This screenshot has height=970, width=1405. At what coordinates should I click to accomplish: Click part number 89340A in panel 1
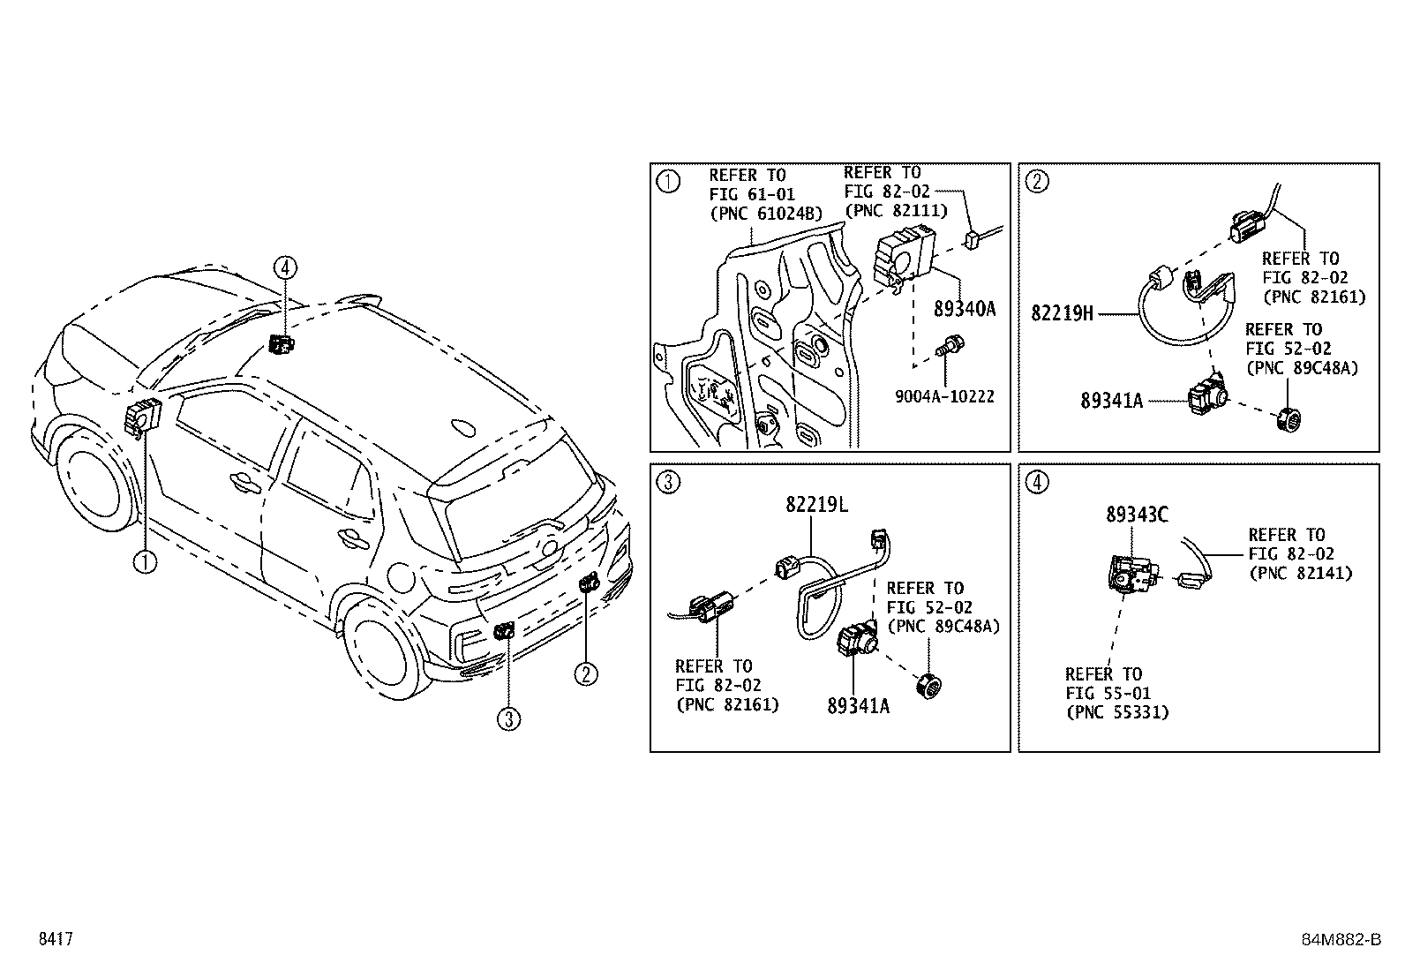[964, 309]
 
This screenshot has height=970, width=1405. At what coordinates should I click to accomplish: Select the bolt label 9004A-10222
[943, 397]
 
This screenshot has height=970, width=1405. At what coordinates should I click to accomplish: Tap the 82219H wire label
[1062, 312]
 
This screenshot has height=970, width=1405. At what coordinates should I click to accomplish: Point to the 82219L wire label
[816, 505]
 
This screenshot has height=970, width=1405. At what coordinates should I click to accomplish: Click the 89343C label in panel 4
[1137, 515]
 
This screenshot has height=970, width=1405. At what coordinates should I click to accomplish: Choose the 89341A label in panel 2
[1111, 401]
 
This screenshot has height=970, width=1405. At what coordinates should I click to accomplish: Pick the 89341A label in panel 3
[858, 705]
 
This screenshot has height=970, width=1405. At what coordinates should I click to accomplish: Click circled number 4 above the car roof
[284, 267]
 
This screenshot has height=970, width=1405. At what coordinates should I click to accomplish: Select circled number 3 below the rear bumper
[507, 719]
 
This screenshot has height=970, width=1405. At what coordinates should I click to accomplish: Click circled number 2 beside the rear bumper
[586, 674]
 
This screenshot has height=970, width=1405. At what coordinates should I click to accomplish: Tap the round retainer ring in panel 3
[928, 684]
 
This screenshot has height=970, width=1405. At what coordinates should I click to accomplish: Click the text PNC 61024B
[765, 213]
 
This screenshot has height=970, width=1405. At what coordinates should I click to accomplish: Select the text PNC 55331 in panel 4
[1116, 712]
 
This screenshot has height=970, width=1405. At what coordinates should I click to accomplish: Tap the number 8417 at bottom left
[55, 939]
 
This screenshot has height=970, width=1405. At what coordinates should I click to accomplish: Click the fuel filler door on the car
[401, 578]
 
